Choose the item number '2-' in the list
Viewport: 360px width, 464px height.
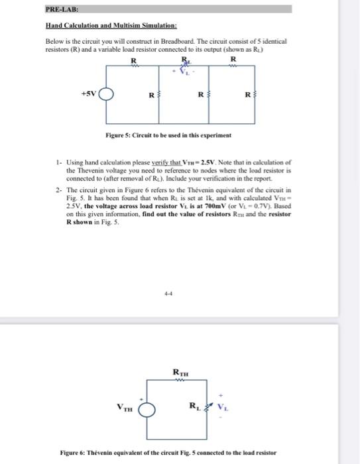59,189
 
